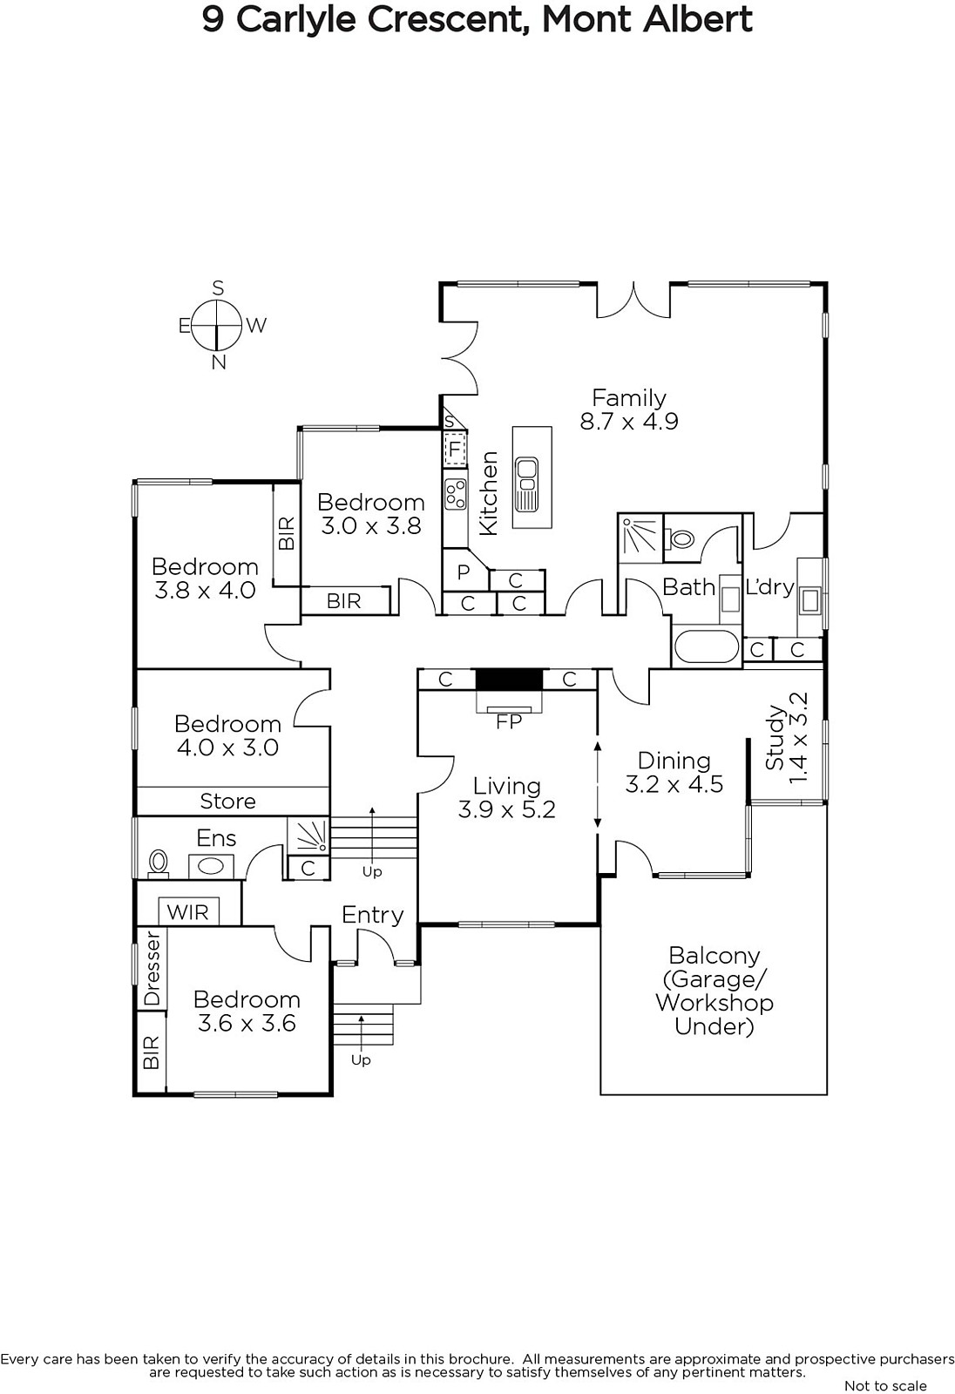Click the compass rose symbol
click(216, 325)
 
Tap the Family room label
click(629, 409)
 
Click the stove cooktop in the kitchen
click(455, 494)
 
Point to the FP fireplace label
click(509, 722)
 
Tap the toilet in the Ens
click(159, 863)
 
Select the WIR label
click(188, 912)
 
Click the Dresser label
click(152, 970)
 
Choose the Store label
click(227, 801)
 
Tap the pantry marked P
click(464, 572)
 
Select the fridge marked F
click(455, 448)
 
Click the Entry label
click(373, 915)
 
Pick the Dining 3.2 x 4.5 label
click(674, 772)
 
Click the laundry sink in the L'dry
click(810, 600)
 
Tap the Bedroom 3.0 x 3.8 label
click(371, 514)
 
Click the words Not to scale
click(885, 1385)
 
